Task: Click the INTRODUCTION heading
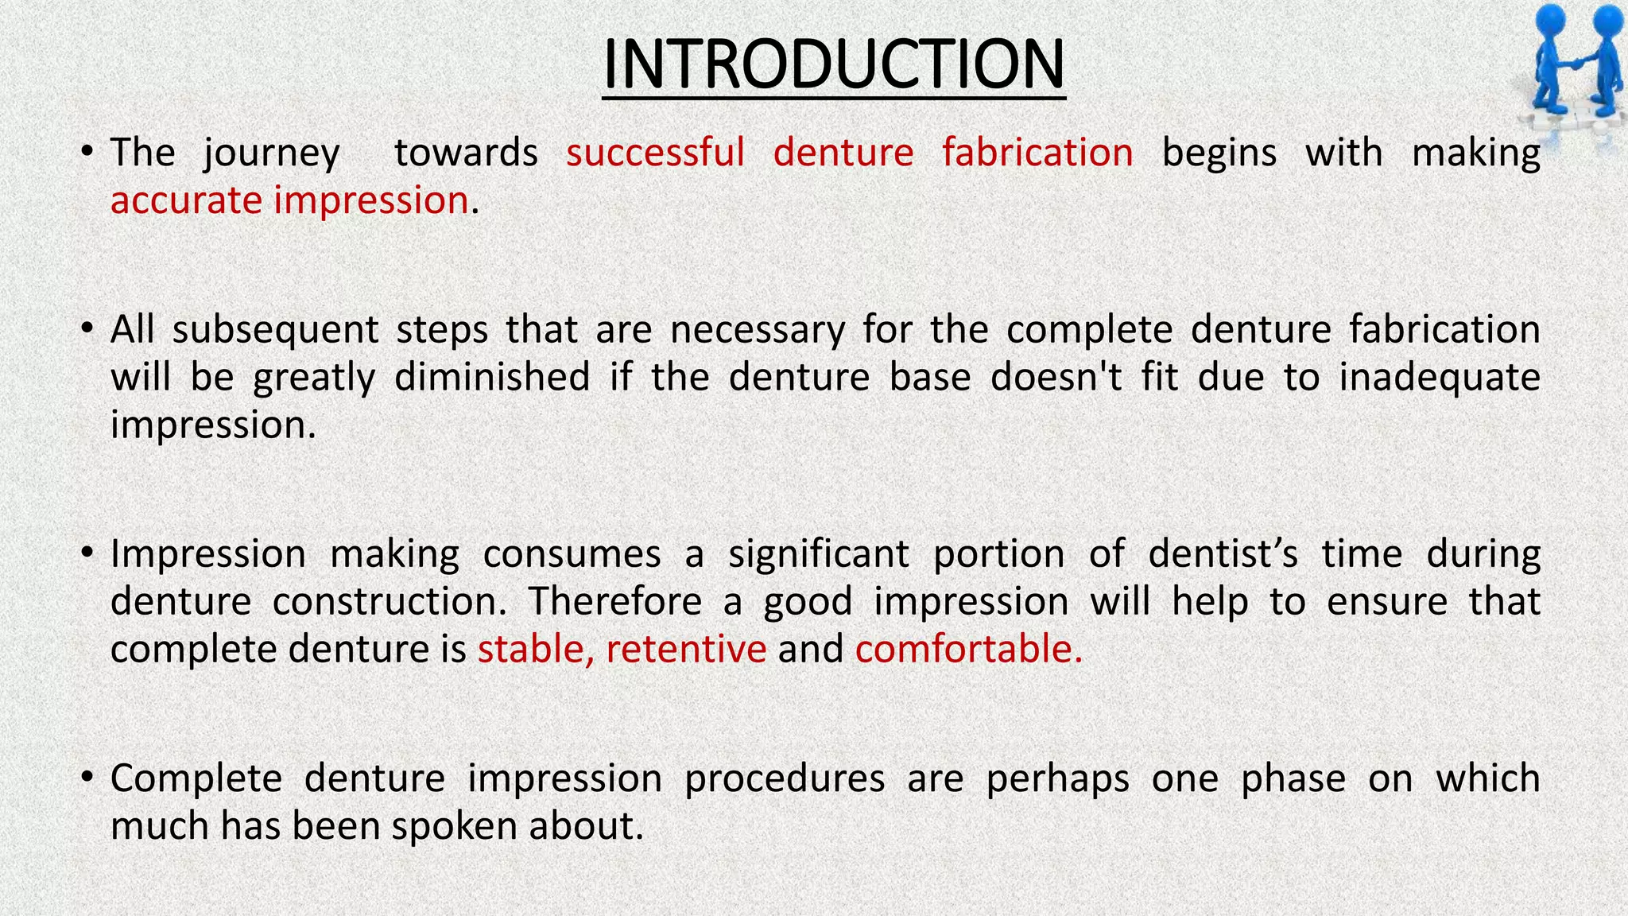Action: tap(833, 65)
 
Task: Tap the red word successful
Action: tap(655, 153)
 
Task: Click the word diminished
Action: tap(492, 377)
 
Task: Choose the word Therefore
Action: tap(615, 601)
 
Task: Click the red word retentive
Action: tap(686, 649)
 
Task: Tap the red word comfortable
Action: tap(968, 649)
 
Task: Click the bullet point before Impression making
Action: tap(88, 553)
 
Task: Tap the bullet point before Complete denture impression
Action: tap(88, 777)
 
